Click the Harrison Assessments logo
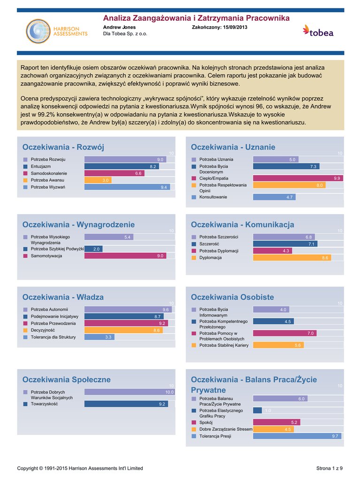tap(56, 31)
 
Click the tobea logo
tap(318, 31)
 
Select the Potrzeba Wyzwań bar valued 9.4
tap(127, 187)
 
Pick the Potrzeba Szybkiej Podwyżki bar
tap(93, 249)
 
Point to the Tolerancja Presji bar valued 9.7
tap(297, 436)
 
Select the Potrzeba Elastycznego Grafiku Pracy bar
tap(257, 411)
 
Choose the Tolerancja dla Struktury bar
tap(99, 337)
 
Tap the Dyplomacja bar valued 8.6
tap(292, 258)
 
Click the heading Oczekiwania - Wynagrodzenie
tap(78, 225)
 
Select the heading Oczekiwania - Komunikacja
tap(242, 225)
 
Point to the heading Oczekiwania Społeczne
tap(67, 379)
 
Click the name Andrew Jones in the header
tap(119, 27)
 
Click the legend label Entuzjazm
tap(41, 166)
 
